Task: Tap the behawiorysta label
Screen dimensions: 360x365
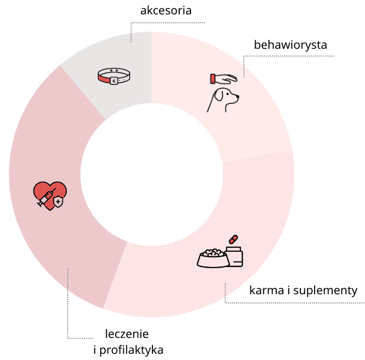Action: pyautogui.click(x=291, y=45)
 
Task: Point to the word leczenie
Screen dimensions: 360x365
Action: pyautogui.click(x=127, y=334)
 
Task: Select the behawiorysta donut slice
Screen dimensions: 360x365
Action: pyautogui.click(x=257, y=123)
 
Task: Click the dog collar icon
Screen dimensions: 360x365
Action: pyautogui.click(x=114, y=77)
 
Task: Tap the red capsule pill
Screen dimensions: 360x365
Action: pyautogui.click(x=234, y=239)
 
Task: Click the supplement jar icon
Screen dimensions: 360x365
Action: pyautogui.click(x=235, y=256)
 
